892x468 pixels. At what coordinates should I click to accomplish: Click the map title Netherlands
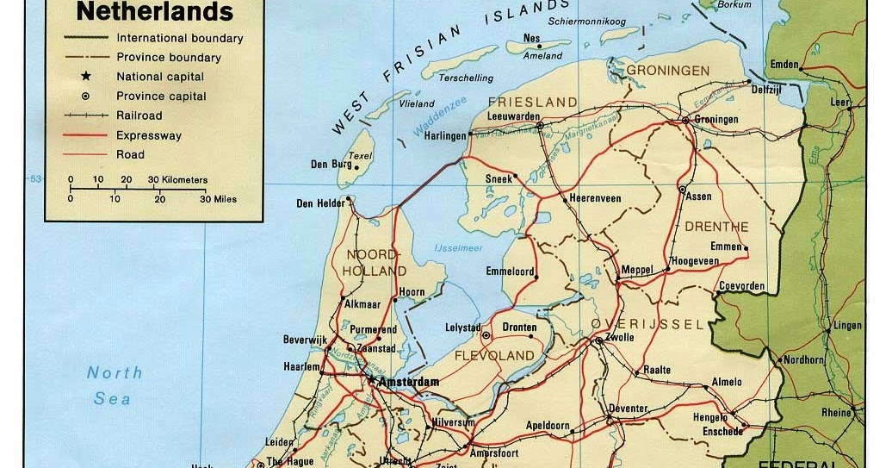click(x=155, y=12)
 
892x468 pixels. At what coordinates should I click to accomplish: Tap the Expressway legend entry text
click(x=148, y=135)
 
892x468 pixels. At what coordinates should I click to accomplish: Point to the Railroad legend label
click(x=139, y=115)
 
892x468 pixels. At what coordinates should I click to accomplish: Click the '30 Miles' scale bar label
click(x=218, y=199)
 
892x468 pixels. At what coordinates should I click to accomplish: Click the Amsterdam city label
click(x=410, y=382)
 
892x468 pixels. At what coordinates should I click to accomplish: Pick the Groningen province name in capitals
click(x=668, y=71)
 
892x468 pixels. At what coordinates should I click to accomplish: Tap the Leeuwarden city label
click(x=514, y=116)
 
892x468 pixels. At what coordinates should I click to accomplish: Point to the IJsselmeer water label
click(x=459, y=248)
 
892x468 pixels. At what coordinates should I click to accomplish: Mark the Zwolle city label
click(x=620, y=337)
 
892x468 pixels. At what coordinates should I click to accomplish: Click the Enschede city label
click(x=722, y=431)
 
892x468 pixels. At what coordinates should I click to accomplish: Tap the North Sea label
click(x=114, y=385)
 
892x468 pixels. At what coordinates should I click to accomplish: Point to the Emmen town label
click(x=725, y=246)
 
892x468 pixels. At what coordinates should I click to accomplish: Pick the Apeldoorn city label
click(x=548, y=426)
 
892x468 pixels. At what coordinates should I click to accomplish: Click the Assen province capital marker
click(x=682, y=189)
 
